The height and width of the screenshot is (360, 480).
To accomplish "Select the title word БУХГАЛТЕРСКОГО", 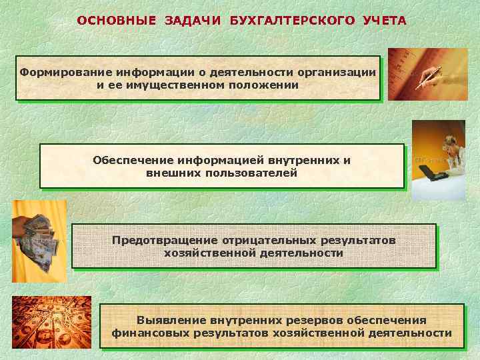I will click(293, 20).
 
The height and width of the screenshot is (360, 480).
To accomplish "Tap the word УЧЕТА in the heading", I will click(385, 20).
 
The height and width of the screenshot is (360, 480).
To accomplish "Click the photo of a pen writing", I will click(419, 74).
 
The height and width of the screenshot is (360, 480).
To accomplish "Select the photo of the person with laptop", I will click(438, 160).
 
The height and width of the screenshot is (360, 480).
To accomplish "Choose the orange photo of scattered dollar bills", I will click(51, 323).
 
